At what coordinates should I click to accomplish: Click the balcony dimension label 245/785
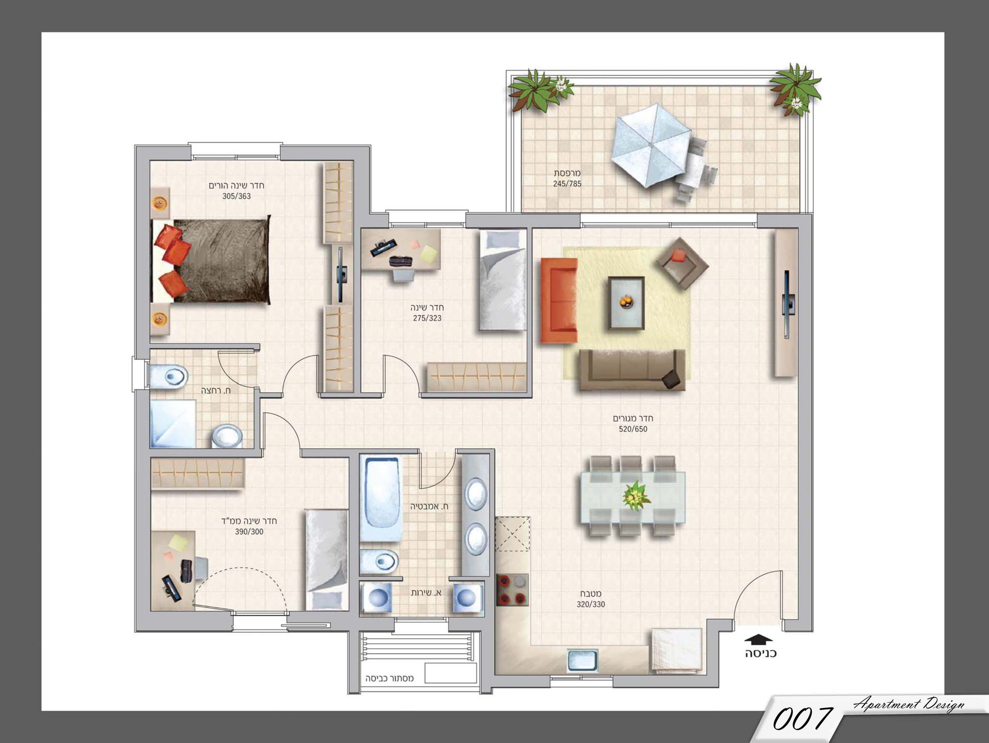(x=567, y=184)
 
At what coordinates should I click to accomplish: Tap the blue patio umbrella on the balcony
(x=651, y=145)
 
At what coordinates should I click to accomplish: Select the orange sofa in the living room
(x=559, y=300)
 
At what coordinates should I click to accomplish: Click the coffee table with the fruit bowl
(x=626, y=302)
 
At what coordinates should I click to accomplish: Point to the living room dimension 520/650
(x=633, y=429)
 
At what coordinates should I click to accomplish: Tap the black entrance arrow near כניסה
(x=759, y=639)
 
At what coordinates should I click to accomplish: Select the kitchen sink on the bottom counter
(x=582, y=660)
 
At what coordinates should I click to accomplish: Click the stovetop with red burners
(x=513, y=589)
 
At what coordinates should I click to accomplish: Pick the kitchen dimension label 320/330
(x=591, y=604)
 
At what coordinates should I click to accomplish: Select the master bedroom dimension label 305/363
(x=236, y=196)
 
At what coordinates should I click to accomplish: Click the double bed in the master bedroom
(x=211, y=261)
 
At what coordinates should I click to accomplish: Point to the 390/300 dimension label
(x=249, y=532)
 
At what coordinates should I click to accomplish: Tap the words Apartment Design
(x=909, y=704)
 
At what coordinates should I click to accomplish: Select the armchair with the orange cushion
(x=682, y=263)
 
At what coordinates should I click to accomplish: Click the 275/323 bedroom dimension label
(x=427, y=318)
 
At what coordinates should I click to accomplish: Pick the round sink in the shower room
(x=227, y=436)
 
